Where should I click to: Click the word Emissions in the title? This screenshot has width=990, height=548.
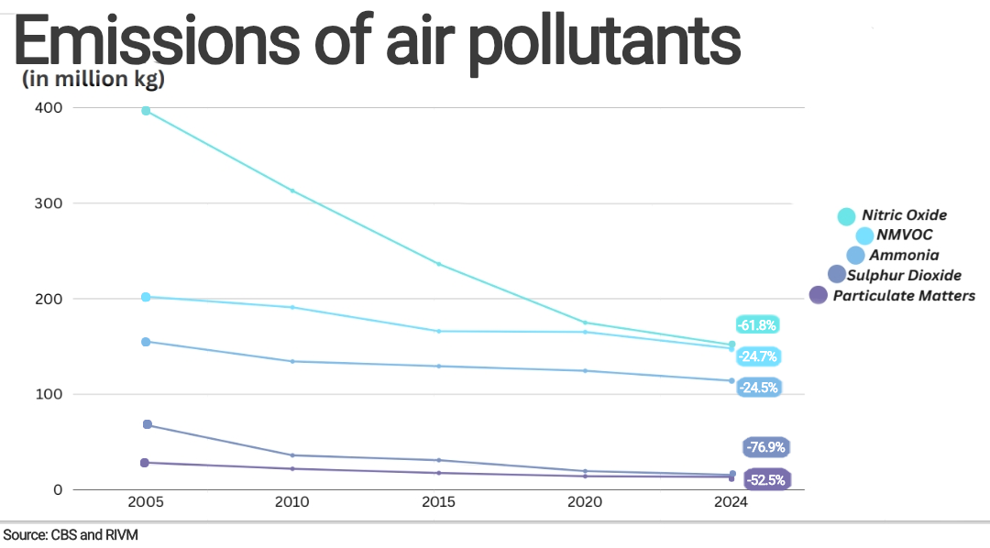(x=147, y=38)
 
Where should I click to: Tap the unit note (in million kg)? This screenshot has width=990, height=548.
(x=93, y=80)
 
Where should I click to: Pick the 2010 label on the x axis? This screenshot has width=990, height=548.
(x=291, y=503)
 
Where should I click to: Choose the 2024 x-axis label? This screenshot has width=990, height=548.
(x=731, y=503)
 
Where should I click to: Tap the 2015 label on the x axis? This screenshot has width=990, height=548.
(x=438, y=503)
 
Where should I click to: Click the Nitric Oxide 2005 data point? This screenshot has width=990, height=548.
(x=145, y=111)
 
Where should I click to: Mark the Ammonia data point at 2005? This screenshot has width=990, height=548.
(x=145, y=342)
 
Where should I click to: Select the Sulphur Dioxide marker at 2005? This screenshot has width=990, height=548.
(x=147, y=425)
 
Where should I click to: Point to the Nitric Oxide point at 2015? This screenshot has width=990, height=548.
(x=438, y=264)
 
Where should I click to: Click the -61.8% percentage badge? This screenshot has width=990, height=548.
(x=757, y=324)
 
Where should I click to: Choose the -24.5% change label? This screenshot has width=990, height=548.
(x=759, y=387)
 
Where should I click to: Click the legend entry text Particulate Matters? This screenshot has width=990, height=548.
(x=903, y=295)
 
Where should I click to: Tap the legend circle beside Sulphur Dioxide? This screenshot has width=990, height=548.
(x=836, y=274)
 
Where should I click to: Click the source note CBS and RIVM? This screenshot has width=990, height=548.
(x=70, y=534)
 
